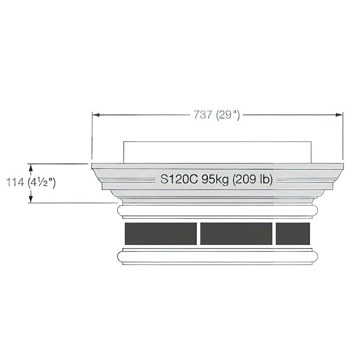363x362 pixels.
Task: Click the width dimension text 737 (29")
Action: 217,114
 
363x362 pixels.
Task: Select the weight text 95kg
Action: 215,180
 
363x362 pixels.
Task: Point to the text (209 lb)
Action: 252,179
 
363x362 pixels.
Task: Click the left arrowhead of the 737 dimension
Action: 96,115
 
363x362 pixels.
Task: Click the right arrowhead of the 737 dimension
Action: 339,115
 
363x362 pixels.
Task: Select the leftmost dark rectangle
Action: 161,234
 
